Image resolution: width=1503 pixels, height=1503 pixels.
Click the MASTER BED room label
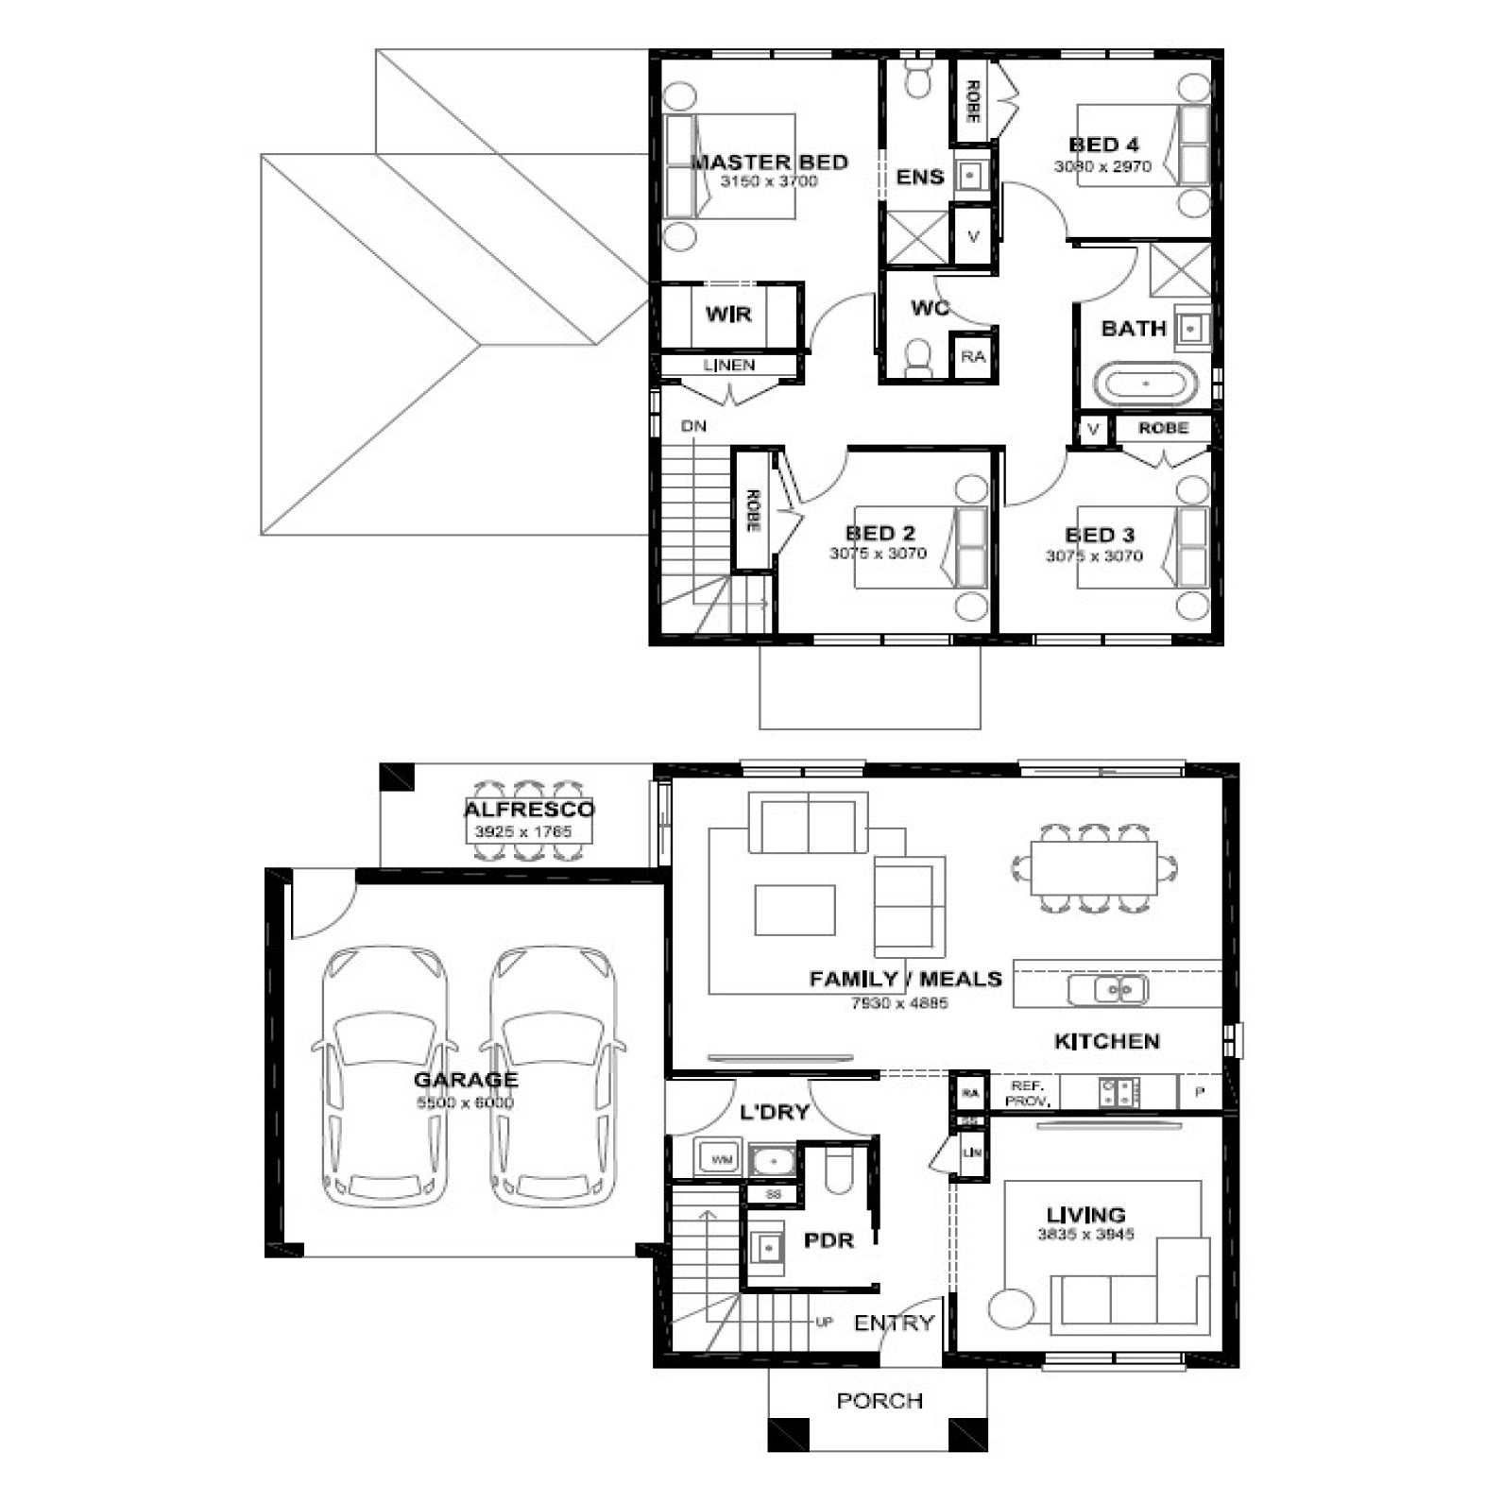tap(769, 162)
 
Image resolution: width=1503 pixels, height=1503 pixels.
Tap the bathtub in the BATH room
tap(1145, 384)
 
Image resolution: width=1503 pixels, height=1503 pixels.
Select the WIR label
tap(728, 315)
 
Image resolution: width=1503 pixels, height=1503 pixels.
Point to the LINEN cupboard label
tap(728, 366)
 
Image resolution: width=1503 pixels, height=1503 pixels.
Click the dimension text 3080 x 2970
tap(1102, 166)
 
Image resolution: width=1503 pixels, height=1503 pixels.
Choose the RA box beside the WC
tap(973, 357)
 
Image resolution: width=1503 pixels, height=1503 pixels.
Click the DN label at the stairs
tap(693, 426)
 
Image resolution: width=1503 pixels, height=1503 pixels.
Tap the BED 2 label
tap(880, 533)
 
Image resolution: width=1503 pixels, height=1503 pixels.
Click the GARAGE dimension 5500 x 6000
tap(465, 1102)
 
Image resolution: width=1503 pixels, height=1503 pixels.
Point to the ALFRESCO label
tap(529, 810)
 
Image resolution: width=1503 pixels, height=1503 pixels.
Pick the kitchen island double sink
tap(1108, 990)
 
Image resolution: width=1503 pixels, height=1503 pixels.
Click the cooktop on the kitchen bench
tap(1119, 1093)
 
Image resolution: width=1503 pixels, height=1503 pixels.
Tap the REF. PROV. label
tap(1026, 1094)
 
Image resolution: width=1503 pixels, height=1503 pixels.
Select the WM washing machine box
tap(721, 1159)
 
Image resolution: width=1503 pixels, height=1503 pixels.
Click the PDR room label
tap(828, 1240)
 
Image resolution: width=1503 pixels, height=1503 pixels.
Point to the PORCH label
tap(880, 1400)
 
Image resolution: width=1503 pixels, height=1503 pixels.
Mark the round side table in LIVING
tap(1012, 1307)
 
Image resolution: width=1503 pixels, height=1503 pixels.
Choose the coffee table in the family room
tap(794, 909)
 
